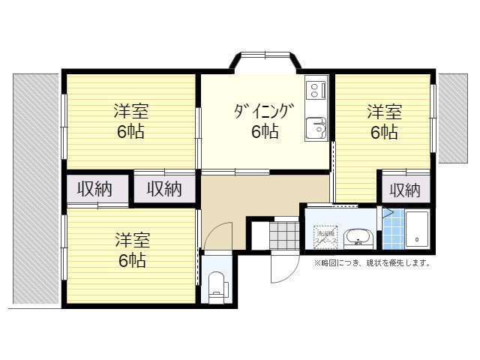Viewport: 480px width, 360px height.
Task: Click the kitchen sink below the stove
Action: tap(315, 127)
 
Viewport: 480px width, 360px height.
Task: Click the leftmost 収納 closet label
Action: tap(93, 189)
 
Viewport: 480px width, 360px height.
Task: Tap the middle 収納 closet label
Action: tap(163, 189)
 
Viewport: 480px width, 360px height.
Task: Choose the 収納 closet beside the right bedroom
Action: tap(405, 190)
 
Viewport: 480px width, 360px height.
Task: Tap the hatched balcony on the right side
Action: tap(454, 118)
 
